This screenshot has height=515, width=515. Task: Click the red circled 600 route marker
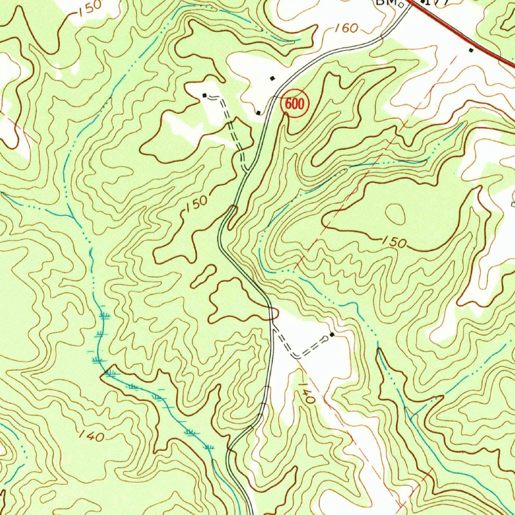pos(294,105)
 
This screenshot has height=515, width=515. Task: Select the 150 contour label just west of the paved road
pos(196,204)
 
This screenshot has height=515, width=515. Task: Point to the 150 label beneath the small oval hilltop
pos(394,242)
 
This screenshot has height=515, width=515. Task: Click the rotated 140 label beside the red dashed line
pos(306,393)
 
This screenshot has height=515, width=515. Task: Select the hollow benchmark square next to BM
pos(401,6)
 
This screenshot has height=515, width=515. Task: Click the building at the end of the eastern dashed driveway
pos(332,334)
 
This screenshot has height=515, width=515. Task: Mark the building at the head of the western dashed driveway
pos(204,95)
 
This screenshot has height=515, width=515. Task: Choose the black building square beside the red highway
pos(471,50)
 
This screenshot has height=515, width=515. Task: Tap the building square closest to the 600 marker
pos(259,113)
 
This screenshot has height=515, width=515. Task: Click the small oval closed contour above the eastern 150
pos(395,214)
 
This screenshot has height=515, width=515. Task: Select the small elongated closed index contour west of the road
pos(204,276)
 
